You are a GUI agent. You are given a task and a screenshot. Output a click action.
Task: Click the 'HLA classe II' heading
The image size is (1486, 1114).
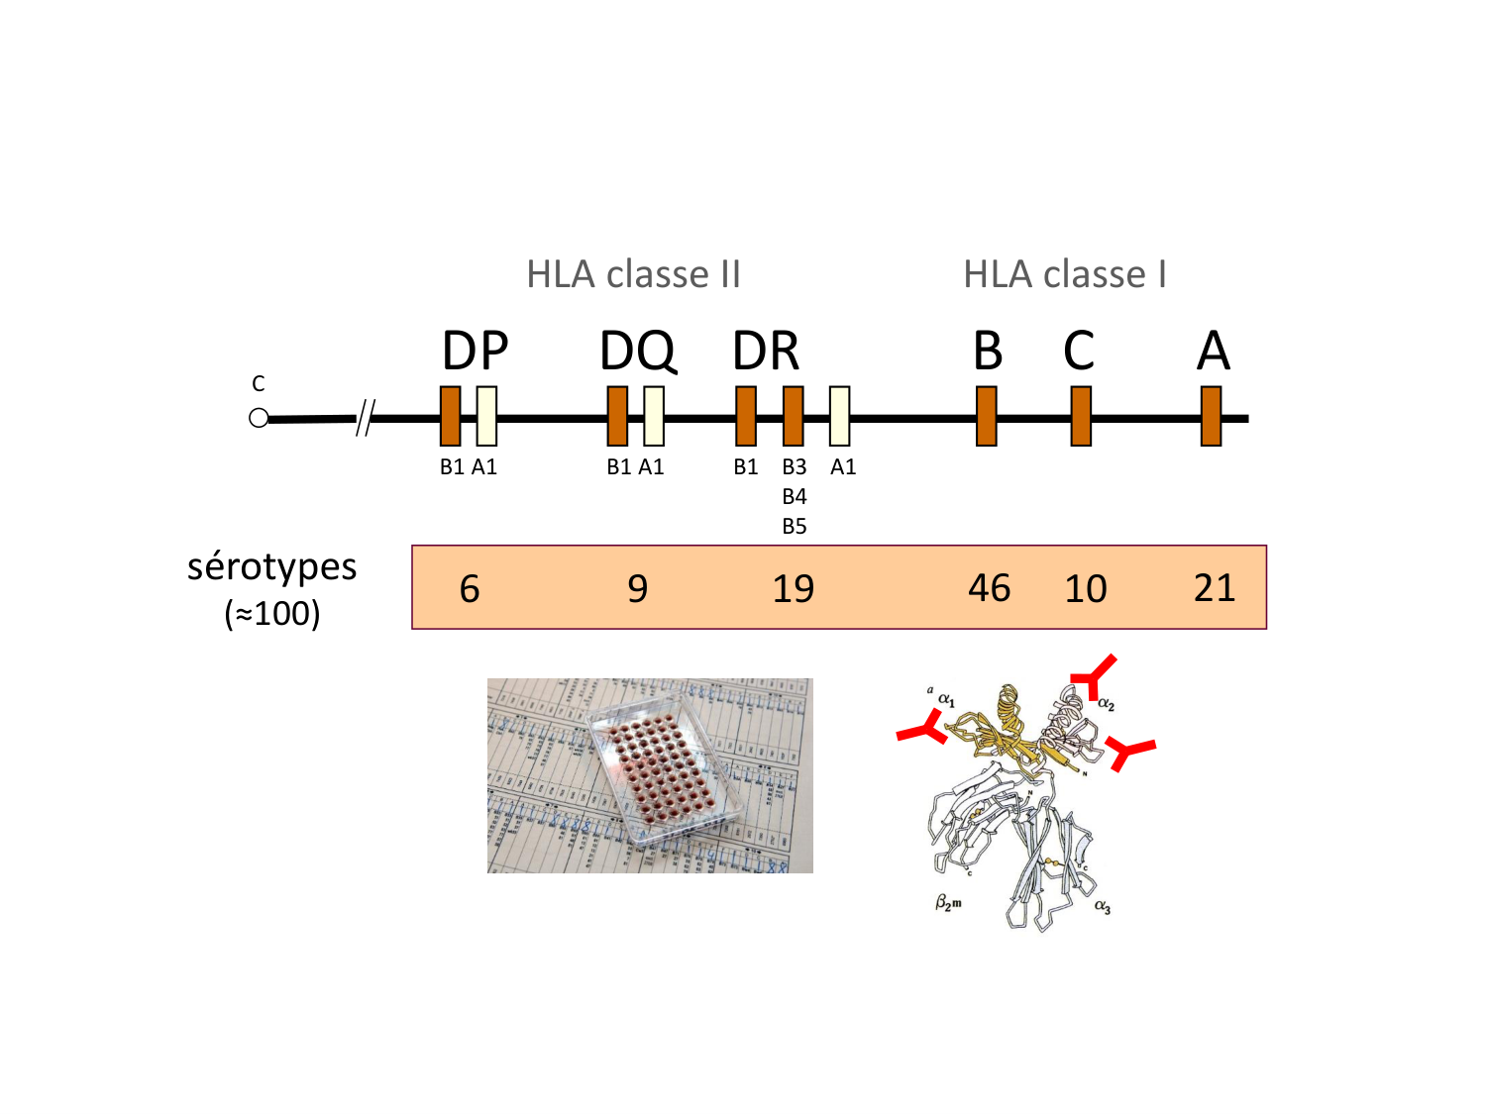[633, 274]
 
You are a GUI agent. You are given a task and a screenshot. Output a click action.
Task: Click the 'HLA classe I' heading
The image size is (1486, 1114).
[1064, 274]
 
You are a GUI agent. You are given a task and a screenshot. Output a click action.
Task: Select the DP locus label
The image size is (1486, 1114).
[475, 351]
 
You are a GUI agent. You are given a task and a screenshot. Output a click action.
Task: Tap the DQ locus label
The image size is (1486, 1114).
[637, 351]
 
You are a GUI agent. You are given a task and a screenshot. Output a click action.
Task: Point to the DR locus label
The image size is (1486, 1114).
[766, 351]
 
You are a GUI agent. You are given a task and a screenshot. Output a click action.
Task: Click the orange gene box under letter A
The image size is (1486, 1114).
[1211, 416]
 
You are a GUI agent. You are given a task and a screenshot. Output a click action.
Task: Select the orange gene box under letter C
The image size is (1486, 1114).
[1081, 416]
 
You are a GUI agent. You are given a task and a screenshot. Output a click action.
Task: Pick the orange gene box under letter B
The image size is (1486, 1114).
[986, 416]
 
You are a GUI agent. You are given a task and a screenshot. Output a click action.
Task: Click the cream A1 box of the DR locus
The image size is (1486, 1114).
[839, 416]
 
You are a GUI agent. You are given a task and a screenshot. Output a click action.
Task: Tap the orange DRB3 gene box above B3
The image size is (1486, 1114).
[794, 416]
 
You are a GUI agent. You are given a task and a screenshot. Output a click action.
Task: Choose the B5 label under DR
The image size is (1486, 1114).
[795, 527]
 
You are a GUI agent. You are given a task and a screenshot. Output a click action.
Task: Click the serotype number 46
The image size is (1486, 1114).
[989, 588]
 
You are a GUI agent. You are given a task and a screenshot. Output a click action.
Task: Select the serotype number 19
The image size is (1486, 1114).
[793, 589]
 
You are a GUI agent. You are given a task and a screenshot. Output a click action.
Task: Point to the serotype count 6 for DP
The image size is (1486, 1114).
[470, 589]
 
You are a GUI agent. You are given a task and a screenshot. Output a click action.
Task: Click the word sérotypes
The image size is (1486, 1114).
[271, 567]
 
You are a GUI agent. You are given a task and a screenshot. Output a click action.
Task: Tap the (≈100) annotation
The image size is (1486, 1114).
[272, 614]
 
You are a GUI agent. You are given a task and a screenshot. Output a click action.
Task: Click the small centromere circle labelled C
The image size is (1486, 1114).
[259, 418]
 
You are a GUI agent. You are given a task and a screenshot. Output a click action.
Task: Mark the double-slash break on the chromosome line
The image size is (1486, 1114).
[365, 418]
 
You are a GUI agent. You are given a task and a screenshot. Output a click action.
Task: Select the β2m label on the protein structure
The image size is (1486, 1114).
[948, 903]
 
